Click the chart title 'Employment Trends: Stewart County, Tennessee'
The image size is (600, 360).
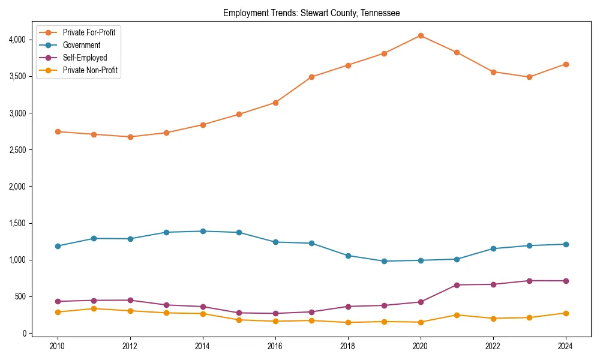coord(311,13)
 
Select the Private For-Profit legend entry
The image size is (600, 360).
coord(89,32)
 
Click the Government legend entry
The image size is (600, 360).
coord(82,45)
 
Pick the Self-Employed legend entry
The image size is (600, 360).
coord(85,58)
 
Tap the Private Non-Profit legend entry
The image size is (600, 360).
coord(90,71)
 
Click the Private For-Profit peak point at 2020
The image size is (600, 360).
coord(421,35)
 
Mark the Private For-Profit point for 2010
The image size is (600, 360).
coord(58,131)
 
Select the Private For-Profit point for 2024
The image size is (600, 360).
coord(566,64)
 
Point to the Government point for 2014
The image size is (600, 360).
coord(203,231)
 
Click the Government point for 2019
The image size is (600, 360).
coord(384,261)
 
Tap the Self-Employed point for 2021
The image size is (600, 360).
coord(457,285)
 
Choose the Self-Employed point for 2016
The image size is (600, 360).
coord(275,313)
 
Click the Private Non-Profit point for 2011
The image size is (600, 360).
coord(94,308)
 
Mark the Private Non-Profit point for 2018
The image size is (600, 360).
coord(348,322)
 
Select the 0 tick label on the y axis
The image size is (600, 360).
coord(25,333)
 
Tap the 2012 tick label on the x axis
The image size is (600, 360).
coord(130,346)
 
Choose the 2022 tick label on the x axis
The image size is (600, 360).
coord(493,346)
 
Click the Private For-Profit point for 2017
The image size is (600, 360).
coord(311,77)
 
